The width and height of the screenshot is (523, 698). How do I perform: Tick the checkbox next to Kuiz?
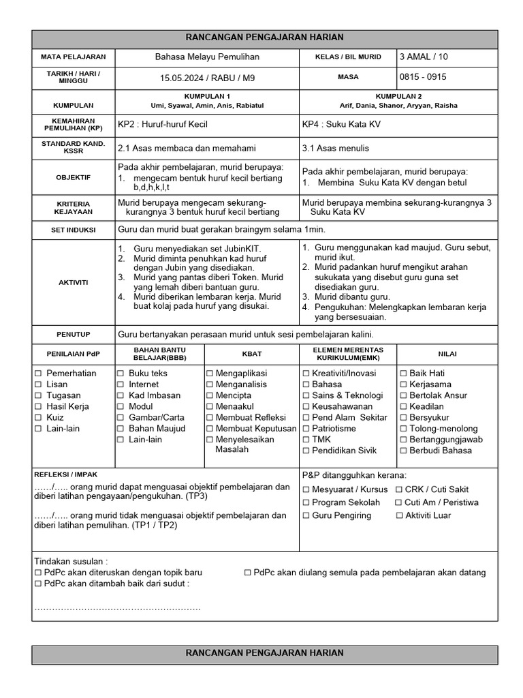coord(39,417)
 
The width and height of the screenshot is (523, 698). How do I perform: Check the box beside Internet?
coord(121,384)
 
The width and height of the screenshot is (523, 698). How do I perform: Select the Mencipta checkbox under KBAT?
coord(210,395)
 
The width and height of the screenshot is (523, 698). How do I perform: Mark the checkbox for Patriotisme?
coord(306,429)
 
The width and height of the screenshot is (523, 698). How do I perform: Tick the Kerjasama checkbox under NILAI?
coord(403,384)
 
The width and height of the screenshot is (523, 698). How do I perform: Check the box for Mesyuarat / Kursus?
coord(306,489)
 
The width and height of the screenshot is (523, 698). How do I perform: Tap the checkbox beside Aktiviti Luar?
coord(400,515)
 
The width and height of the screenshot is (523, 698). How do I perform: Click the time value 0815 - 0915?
coord(424,77)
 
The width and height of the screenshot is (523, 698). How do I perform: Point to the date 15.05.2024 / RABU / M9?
coord(207,78)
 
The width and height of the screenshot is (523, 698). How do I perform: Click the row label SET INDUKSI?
coord(73,230)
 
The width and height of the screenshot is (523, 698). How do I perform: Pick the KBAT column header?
coord(252,354)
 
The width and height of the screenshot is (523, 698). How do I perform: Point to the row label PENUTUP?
coord(73,335)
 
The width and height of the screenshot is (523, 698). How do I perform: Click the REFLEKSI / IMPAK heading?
coord(65,474)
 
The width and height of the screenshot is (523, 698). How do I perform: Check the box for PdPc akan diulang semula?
coord(248,573)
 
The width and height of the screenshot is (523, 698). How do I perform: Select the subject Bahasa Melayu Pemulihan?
coord(207,57)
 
